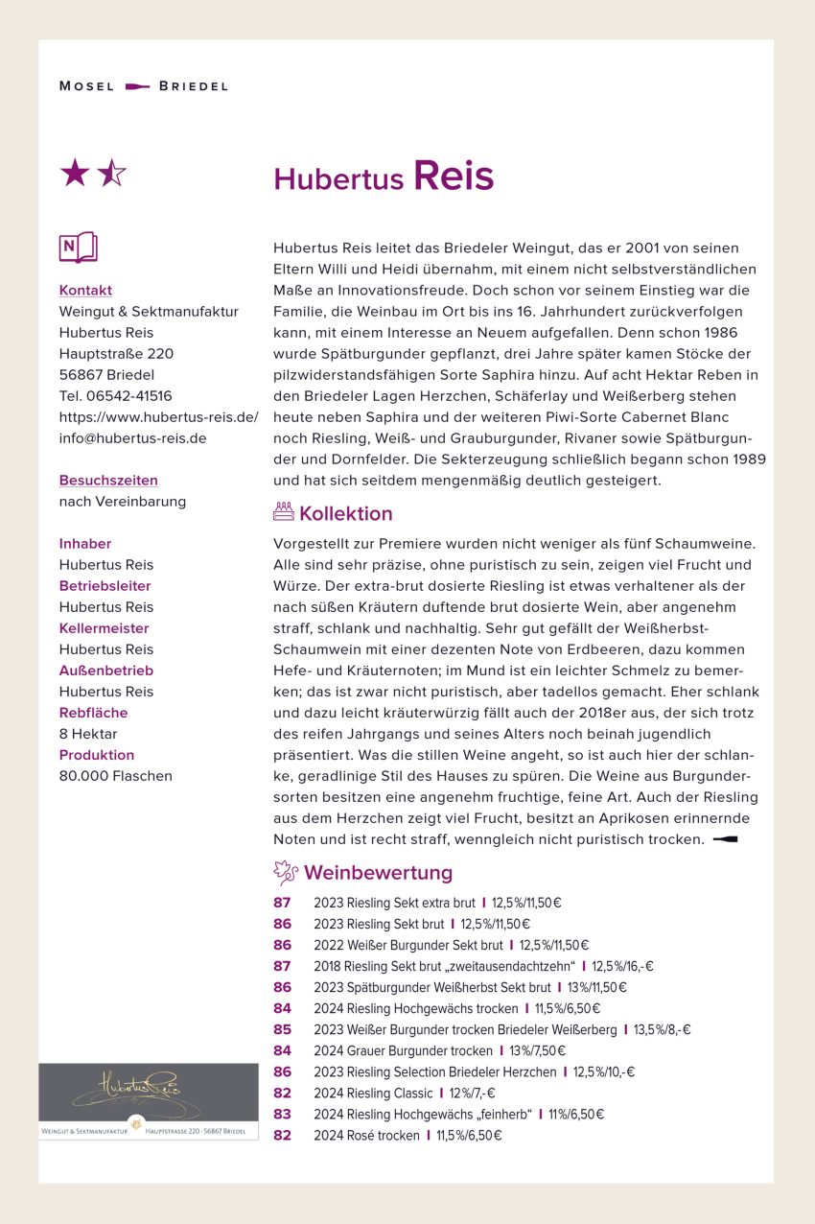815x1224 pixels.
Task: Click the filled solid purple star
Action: (x=75, y=174)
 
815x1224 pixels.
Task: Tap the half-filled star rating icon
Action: (x=111, y=174)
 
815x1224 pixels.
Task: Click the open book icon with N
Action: (x=78, y=247)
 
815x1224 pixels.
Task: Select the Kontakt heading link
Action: (x=85, y=290)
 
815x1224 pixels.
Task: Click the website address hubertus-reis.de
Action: (x=158, y=416)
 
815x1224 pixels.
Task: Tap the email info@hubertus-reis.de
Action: (x=132, y=437)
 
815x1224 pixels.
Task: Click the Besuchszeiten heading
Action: (x=108, y=480)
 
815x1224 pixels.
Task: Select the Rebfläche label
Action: (x=93, y=712)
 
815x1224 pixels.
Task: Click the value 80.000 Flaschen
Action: (x=115, y=775)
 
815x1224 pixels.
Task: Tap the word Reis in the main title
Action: (x=453, y=177)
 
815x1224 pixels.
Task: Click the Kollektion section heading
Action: (x=345, y=513)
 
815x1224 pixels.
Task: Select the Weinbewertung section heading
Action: (x=378, y=873)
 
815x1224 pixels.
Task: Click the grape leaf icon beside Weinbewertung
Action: (x=285, y=872)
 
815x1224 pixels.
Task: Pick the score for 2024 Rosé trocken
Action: (x=282, y=1136)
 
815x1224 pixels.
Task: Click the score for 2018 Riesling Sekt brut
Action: (x=282, y=966)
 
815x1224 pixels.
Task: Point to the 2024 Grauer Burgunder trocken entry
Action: (x=403, y=1050)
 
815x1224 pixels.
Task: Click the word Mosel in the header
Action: (x=86, y=86)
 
